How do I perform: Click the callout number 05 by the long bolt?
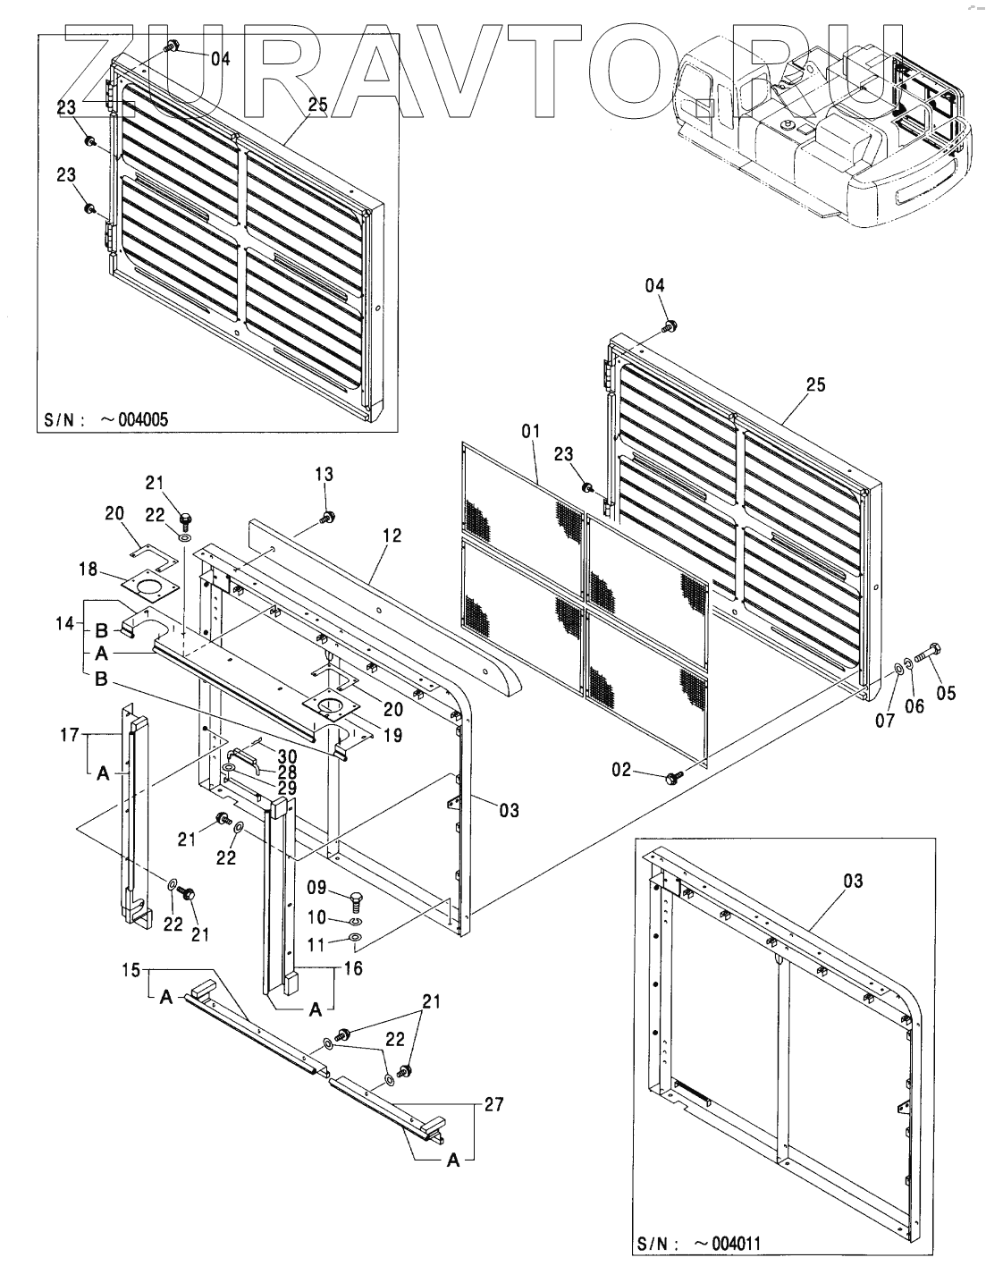coord(946,693)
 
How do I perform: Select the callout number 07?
coord(885,721)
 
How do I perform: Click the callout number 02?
coord(621,770)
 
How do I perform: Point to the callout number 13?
coord(324,474)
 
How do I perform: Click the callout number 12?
coord(392,536)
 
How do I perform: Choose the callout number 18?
coord(88,569)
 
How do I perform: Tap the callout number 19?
coord(393,735)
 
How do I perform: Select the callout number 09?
coord(316,887)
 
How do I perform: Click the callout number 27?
coord(493,1104)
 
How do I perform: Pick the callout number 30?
coord(287,756)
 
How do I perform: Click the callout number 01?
coord(531,431)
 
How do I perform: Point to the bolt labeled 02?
coord(675,776)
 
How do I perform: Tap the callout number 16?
coord(353,967)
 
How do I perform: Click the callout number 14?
coord(65,623)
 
